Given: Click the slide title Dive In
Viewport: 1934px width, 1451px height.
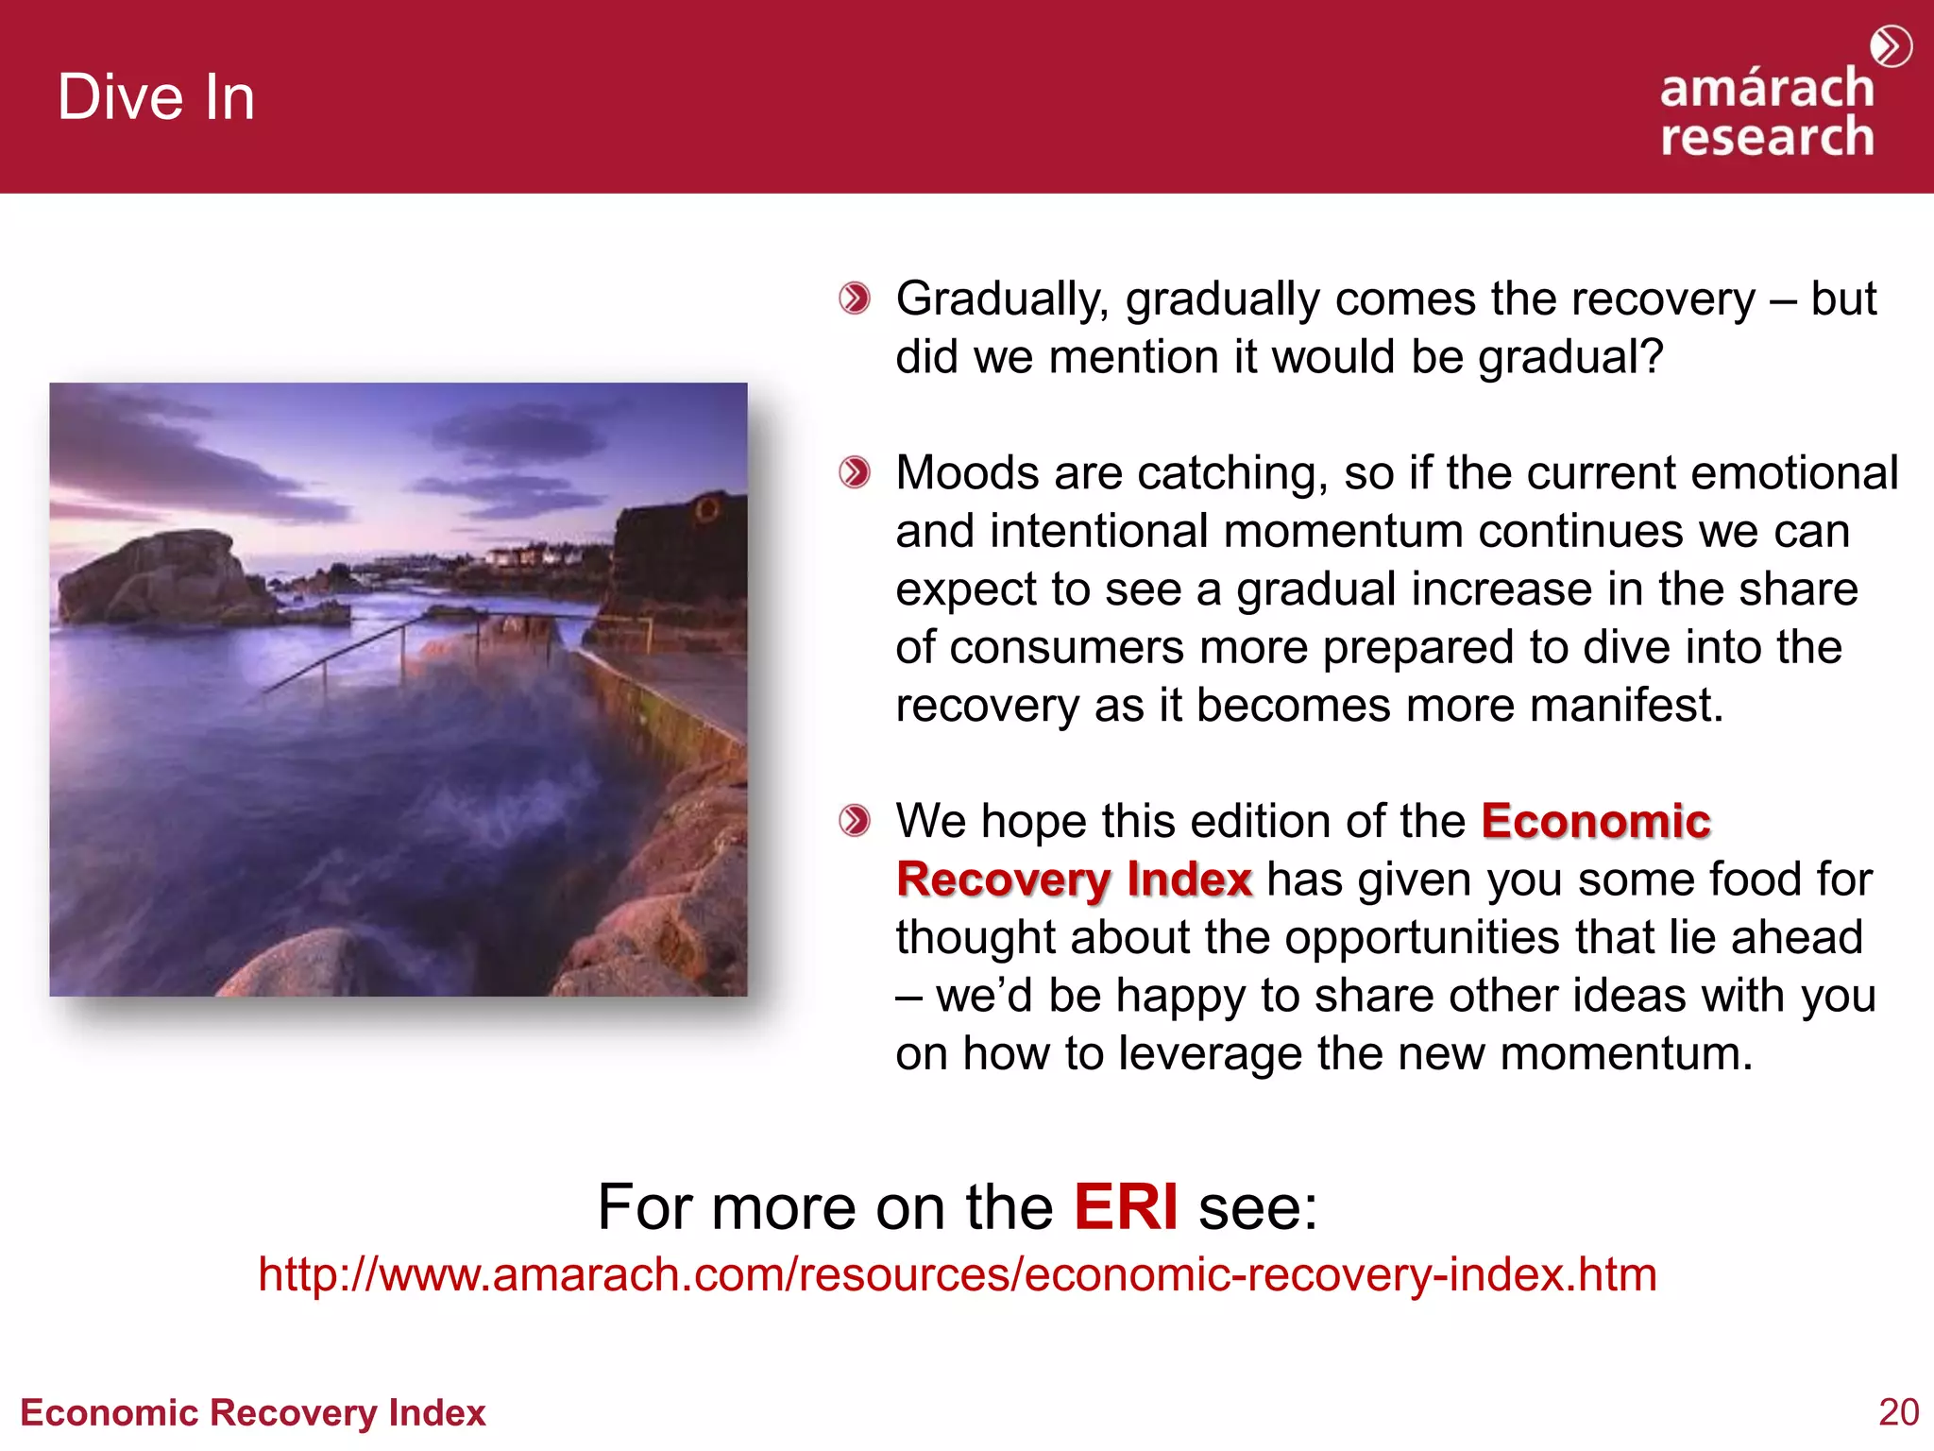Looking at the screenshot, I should pyautogui.click(x=156, y=97).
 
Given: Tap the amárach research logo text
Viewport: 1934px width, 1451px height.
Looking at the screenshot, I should pyautogui.click(x=1766, y=112).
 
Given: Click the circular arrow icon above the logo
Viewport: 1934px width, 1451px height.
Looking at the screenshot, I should pyautogui.click(x=1891, y=46).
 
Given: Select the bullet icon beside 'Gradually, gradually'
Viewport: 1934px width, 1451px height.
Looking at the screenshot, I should pyautogui.click(x=855, y=299).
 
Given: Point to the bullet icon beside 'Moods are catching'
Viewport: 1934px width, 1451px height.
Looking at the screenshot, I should pyautogui.click(x=855, y=472).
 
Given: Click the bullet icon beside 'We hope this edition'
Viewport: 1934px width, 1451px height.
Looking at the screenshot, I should pyautogui.click(x=855, y=820).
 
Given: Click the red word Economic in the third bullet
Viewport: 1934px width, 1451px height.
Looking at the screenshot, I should pyautogui.click(x=1595, y=820).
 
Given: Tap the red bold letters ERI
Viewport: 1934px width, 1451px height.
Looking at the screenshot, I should pyautogui.click(x=1126, y=1206).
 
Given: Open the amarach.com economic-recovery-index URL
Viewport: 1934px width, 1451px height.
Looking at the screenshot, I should pyautogui.click(x=957, y=1274).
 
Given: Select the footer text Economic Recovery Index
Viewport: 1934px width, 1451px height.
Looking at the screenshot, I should pyautogui.click(x=252, y=1412).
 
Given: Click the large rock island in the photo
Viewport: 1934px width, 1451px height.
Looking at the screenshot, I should pyautogui.click(x=156, y=576).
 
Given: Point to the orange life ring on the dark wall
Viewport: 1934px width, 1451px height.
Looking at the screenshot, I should pyautogui.click(x=705, y=511).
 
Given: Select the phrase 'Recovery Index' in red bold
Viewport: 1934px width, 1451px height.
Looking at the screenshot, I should pyautogui.click(x=1074, y=879).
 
